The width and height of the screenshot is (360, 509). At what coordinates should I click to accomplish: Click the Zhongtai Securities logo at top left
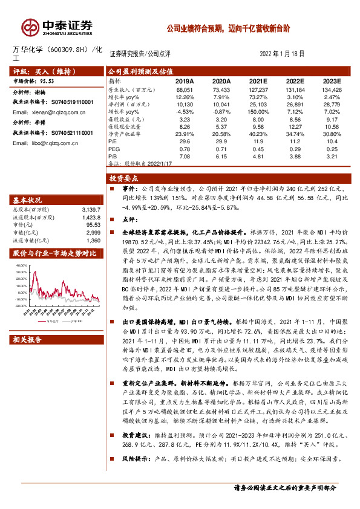pyautogui.click(x=58, y=26)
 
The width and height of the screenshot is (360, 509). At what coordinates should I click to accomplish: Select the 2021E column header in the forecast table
pyautogui.click(x=258, y=80)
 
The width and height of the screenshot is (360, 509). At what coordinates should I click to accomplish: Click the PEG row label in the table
pyautogui.click(x=113, y=149)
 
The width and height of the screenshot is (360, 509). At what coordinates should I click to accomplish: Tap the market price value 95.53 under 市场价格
pyautogui.click(x=48, y=80)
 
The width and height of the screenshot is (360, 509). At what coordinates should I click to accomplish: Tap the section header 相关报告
pyautogui.click(x=28, y=340)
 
